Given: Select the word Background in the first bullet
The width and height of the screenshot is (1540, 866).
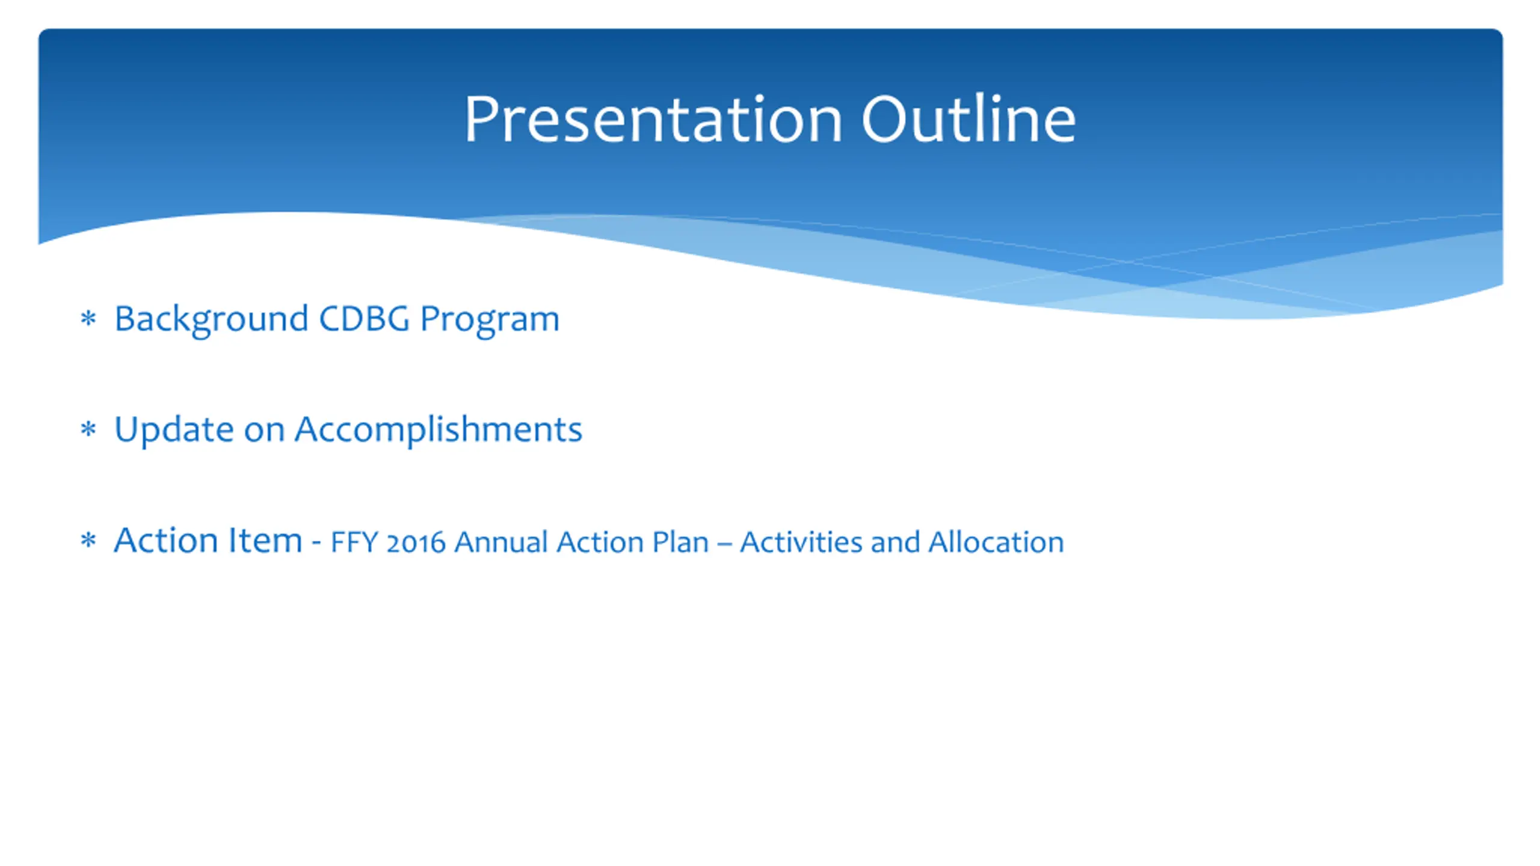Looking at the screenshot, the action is click(211, 319).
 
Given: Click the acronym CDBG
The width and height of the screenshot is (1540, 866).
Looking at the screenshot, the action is click(364, 318).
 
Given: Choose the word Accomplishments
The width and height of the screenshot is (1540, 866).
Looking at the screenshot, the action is click(439, 430).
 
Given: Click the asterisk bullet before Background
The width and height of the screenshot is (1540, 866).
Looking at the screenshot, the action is click(88, 318).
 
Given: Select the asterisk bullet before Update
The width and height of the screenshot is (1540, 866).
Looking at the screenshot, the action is click(88, 429).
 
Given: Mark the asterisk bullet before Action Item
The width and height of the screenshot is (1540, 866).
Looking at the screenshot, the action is click(88, 540).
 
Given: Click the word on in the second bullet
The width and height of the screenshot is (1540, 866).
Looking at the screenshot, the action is click(264, 431).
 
